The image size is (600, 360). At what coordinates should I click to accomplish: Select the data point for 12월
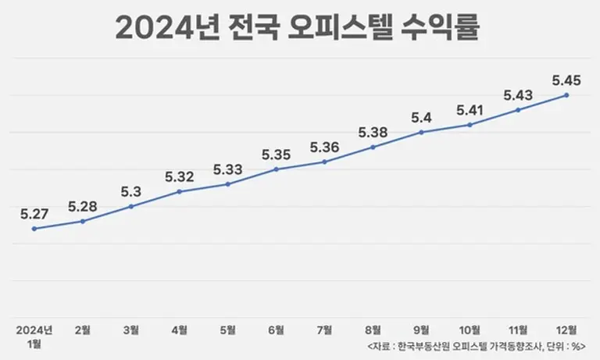566,95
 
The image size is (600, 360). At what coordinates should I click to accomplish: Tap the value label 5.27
34,212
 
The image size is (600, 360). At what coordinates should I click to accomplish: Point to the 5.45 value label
566,79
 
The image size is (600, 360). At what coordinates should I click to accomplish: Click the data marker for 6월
276,169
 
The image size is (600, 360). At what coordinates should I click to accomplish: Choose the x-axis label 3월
131,329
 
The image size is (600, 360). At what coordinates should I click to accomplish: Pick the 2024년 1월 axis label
34,336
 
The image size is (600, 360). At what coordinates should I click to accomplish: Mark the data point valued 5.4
421,132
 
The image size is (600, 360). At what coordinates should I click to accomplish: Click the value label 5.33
227,168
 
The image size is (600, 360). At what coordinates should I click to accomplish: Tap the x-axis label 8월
373,329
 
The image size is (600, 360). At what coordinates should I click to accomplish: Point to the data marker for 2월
83,221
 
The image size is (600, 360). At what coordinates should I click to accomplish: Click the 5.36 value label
324,146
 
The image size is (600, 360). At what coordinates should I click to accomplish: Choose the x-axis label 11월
518,329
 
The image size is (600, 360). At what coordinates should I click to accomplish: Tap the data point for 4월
180,191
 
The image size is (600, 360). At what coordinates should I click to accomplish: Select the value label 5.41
470,109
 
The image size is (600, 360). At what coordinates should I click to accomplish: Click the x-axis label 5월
227,329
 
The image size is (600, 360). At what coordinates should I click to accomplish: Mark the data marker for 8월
373,147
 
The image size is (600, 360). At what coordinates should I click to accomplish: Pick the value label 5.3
131,191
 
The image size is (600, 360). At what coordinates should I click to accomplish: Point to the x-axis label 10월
470,329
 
